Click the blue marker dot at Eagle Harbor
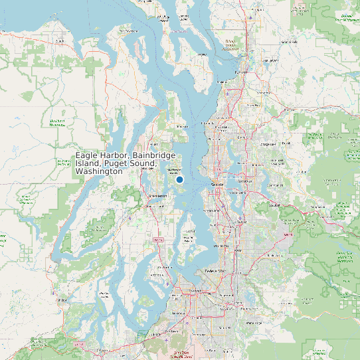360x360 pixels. tap(179, 179)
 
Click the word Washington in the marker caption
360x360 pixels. tap(99, 171)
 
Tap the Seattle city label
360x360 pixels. tap(217, 184)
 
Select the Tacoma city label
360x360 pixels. tap(197, 290)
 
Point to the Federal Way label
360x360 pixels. tap(215, 271)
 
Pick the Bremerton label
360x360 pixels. tap(157, 197)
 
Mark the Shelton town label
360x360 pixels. tap(63, 300)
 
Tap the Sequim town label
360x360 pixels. tap(61, 41)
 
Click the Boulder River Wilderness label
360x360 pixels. tap(345, 17)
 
